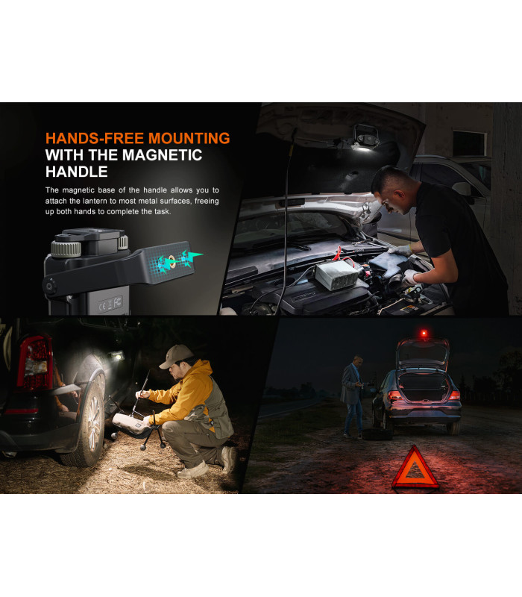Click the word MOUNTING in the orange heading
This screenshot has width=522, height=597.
pyautogui.click(x=189, y=138)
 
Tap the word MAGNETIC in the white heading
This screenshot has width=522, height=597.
pyautogui.click(x=162, y=155)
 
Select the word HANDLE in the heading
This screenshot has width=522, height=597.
pyautogui.click(x=77, y=172)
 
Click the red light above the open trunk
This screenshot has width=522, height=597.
pyautogui.click(x=424, y=334)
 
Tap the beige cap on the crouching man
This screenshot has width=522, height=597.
pyautogui.click(x=176, y=356)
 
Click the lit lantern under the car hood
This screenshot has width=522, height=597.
pyautogui.click(x=365, y=142)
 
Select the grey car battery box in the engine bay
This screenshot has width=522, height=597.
pyautogui.click(x=336, y=274)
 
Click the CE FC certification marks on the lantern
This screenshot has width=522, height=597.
pyautogui.click(x=110, y=304)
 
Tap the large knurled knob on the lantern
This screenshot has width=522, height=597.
pyautogui.click(x=66, y=249)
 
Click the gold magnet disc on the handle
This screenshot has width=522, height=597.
pyautogui.click(x=172, y=260)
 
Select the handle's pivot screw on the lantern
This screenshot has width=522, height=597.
pyautogui.click(x=50, y=286)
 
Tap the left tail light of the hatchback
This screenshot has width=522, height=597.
pyautogui.click(x=394, y=396)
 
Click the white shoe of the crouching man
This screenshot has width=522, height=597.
pyautogui.click(x=194, y=470)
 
